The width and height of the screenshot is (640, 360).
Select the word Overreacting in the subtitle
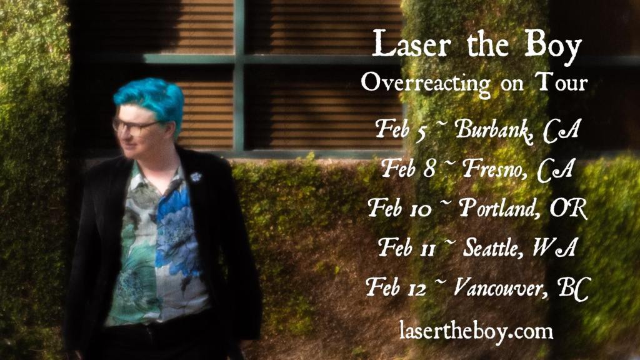pos(426,84)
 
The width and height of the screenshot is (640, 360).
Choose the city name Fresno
pos(494,169)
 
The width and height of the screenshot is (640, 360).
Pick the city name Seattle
pos(492,247)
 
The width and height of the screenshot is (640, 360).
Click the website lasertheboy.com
pos(476,330)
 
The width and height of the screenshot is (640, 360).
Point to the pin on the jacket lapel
pos(196,177)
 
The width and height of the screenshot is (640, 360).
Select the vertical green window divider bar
pos(239,75)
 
